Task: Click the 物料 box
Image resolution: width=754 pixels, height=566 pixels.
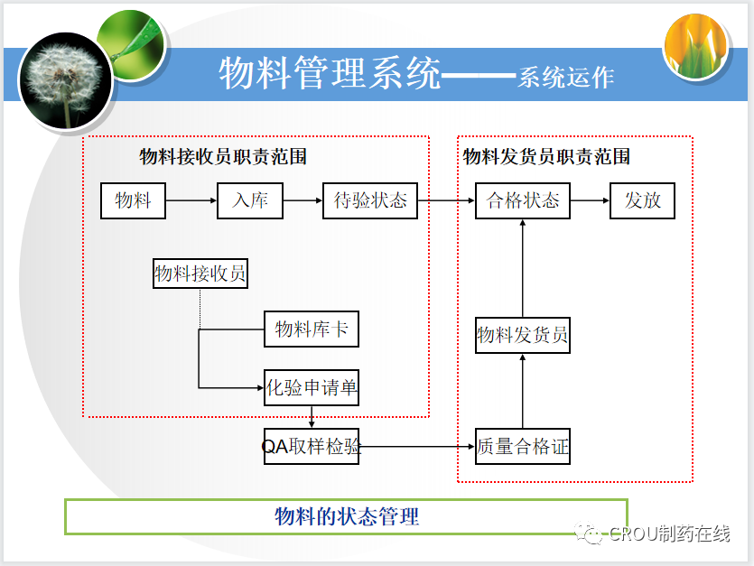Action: pyautogui.click(x=133, y=200)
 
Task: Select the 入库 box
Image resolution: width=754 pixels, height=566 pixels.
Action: pyautogui.click(x=250, y=200)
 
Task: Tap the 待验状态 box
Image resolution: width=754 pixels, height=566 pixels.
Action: pyautogui.click(x=370, y=200)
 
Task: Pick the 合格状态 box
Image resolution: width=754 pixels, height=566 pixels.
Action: pyautogui.click(x=523, y=200)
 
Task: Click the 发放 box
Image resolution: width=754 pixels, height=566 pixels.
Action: pyautogui.click(x=642, y=200)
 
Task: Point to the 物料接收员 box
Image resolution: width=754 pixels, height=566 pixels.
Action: pyautogui.click(x=200, y=274)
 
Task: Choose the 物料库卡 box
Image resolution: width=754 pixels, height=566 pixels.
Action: pyautogui.click(x=311, y=329)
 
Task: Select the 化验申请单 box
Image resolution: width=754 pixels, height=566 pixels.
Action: pyautogui.click(x=312, y=389)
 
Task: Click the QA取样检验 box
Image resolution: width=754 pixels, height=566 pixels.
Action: pyautogui.click(x=311, y=446)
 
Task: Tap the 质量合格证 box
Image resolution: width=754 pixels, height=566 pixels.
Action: pyautogui.click(x=523, y=446)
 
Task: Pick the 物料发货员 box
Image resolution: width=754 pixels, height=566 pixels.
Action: pyautogui.click(x=523, y=336)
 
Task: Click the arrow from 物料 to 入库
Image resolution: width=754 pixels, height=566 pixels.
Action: pyautogui.click(x=191, y=200)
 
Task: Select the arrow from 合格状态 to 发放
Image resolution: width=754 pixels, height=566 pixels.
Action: pyautogui.click(x=591, y=200)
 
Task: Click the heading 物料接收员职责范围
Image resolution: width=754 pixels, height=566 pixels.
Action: pyautogui.click(x=223, y=157)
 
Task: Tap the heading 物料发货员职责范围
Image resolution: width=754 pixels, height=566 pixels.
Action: pyautogui.click(x=546, y=157)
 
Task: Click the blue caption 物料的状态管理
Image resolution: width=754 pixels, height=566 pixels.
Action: pyautogui.click(x=347, y=517)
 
